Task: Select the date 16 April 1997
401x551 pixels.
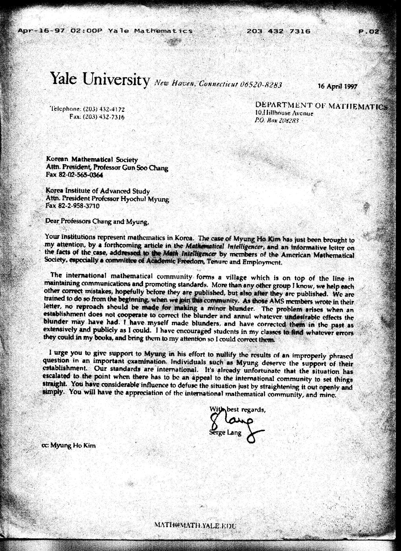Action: point(337,86)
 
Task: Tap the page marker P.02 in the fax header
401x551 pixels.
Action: point(369,31)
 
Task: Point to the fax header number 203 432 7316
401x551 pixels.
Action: point(278,31)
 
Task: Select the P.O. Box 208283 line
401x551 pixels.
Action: point(277,121)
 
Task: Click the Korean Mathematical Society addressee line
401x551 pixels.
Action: point(92,160)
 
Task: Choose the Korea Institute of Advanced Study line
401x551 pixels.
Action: point(97,191)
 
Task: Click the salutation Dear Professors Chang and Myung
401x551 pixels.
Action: point(97,221)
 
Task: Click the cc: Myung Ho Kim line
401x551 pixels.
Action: point(68,446)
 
